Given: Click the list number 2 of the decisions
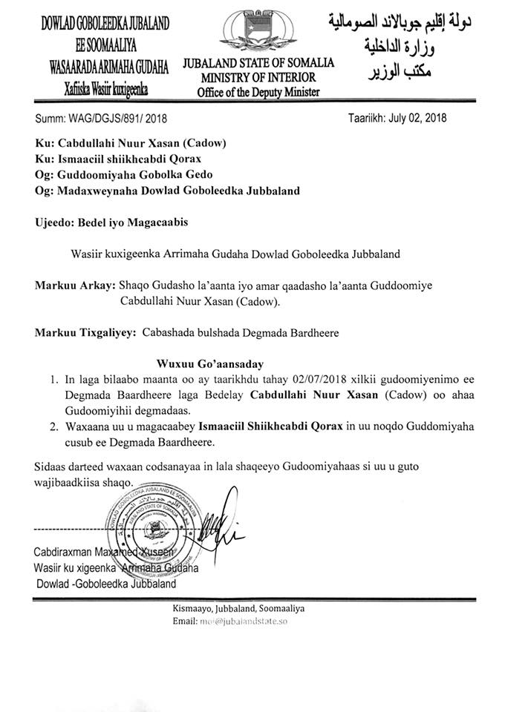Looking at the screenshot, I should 53,428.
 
